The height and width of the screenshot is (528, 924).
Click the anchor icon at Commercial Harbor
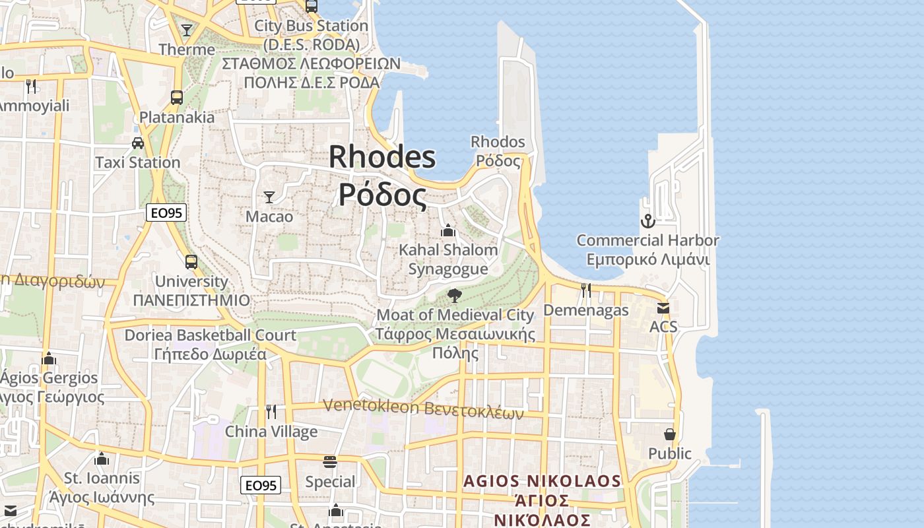(x=647, y=221)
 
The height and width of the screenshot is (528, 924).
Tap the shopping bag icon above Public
(x=670, y=434)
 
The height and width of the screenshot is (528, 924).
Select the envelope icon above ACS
(x=663, y=308)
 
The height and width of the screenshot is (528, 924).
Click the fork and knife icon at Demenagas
(x=585, y=290)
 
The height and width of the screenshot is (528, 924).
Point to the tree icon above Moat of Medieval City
(x=454, y=295)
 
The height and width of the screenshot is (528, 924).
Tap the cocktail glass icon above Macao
(x=269, y=197)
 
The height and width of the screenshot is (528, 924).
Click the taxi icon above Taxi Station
(x=138, y=143)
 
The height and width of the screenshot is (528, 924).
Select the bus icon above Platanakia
(x=177, y=98)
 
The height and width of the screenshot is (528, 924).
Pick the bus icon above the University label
(x=191, y=262)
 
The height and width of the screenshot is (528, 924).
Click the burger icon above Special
(x=330, y=461)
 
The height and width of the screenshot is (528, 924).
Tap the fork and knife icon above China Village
(x=271, y=412)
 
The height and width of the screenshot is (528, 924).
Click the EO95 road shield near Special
(x=261, y=485)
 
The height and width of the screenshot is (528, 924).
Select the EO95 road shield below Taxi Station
(x=166, y=213)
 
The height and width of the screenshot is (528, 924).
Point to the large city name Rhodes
(x=382, y=157)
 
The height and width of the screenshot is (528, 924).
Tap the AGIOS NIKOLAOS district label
(x=542, y=480)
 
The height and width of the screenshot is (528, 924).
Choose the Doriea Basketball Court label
(x=211, y=335)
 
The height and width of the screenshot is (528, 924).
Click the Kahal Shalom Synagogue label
(x=448, y=259)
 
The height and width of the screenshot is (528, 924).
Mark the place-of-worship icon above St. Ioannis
(x=102, y=458)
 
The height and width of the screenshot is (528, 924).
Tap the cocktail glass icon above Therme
(x=187, y=30)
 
